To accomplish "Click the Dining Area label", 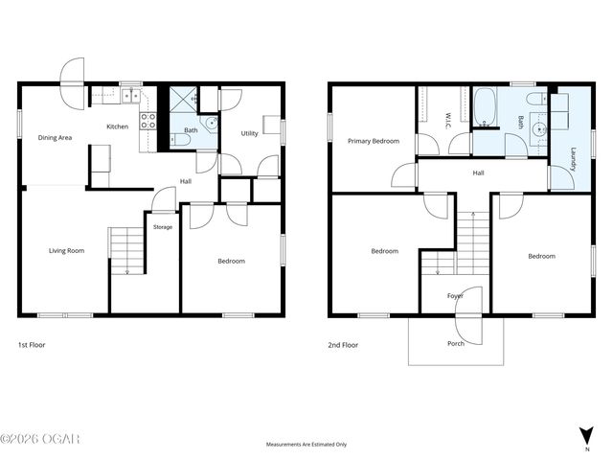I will tap(55, 137).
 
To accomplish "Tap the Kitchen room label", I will tap(117, 126).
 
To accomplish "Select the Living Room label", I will tap(67, 251).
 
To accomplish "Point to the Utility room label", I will tap(249, 133).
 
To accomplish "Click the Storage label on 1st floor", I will tap(163, 227).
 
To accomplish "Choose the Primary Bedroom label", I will tap(373, 141).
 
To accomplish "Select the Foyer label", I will tap(455, 296).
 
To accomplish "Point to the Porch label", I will tap(455, 343).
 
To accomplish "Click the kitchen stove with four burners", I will tap(148, 121).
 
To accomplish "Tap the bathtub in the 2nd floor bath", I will tap(485, 106).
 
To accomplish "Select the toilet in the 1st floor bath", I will tap(181, 140).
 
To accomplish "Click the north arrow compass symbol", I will tap(586, 437).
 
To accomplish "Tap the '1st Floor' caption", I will tap(32, 344).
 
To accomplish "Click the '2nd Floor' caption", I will tap(344, 344).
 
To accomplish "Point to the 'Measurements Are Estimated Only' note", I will tap(306, 445).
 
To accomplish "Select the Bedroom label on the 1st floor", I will tap(231, 261).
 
